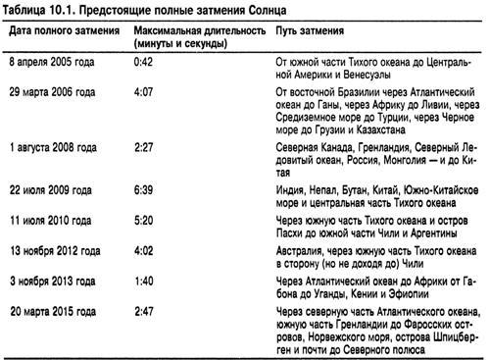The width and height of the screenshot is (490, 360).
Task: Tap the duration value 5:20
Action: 144,222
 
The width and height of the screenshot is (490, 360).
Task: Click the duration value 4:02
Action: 144,251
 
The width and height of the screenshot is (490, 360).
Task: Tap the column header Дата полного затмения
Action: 60,31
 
